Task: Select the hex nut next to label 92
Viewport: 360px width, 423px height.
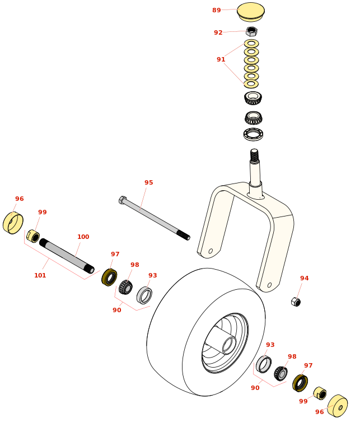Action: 251,31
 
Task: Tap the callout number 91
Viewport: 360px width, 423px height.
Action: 221,60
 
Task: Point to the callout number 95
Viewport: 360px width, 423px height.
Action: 148,182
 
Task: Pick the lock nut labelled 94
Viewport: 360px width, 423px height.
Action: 296,302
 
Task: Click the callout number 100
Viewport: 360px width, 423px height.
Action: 83,237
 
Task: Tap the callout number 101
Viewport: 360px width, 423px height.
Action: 40,275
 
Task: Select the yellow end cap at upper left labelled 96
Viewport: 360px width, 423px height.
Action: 13,223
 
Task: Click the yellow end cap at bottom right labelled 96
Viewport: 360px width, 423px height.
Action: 338,406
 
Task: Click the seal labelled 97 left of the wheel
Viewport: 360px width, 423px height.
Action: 109,277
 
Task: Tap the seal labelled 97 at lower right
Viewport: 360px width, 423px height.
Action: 300,383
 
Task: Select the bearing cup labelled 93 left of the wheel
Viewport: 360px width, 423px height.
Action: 144,295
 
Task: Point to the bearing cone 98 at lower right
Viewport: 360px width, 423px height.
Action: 280,373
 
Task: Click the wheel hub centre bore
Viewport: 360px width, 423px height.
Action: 229,345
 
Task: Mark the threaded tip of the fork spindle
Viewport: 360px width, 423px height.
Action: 254,154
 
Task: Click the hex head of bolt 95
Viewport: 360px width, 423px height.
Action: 122,199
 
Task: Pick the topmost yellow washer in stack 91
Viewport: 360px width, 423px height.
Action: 251,43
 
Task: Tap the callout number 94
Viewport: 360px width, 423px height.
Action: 304,278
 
